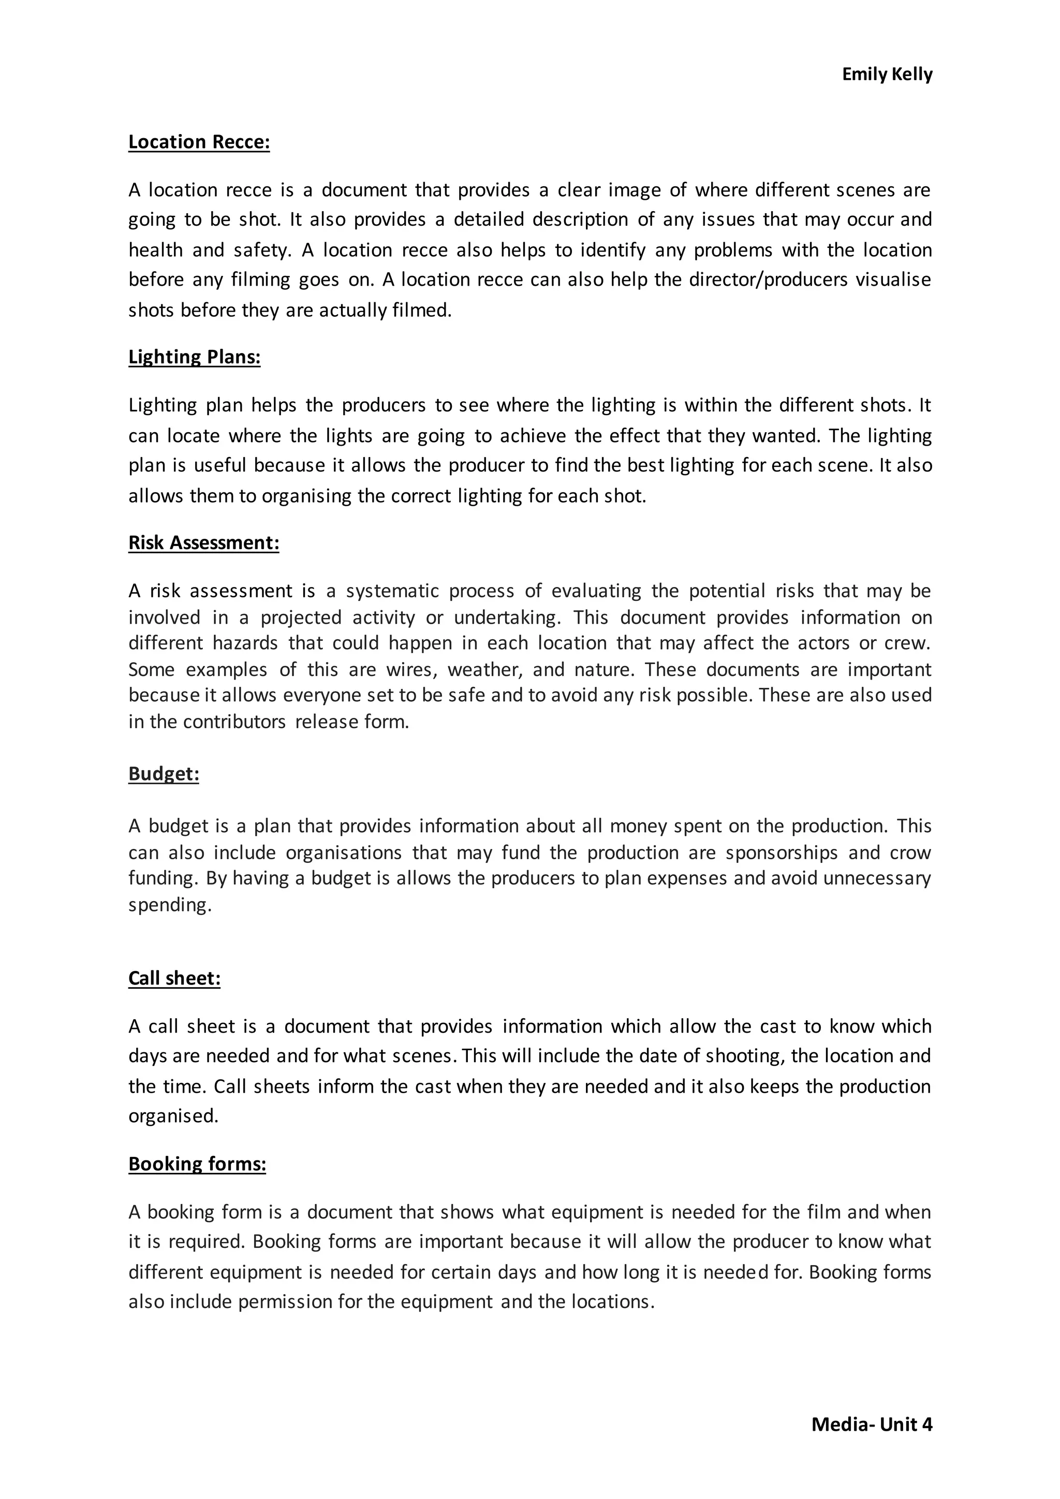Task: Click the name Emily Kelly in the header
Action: [x=887, y=75]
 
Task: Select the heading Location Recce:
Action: [x=199, y=142]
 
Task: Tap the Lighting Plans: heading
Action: [x=195, y=357]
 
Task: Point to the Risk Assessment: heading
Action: [x=203, y=543]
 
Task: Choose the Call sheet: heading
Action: [x=174, y=978]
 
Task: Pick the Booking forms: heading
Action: [x=197, y=1164]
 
